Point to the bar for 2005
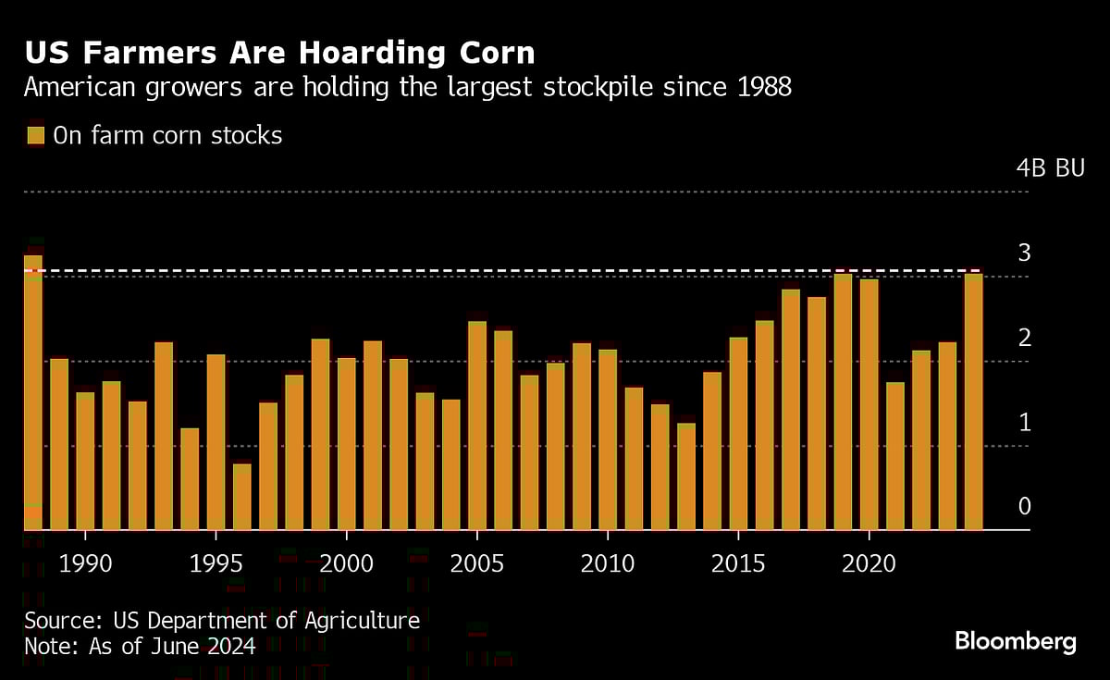pyautogui.click(x=477, y=426)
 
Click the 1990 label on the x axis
pyautogui.click(x=85, y=563)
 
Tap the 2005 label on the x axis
pyautogui.click(x=477, y=563)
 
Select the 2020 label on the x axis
pyautogui.click(x=869, y=563)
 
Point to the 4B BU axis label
pyautogui.click(x=1049, y=168)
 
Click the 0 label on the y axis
pyautogui.click(x=1024, y=506)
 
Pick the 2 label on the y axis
pyautogui.click(x=1024, y=338)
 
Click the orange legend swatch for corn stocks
pyautogui.click(x=35, y=136)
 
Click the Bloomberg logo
pyautogui.click(x=1015, y=641)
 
